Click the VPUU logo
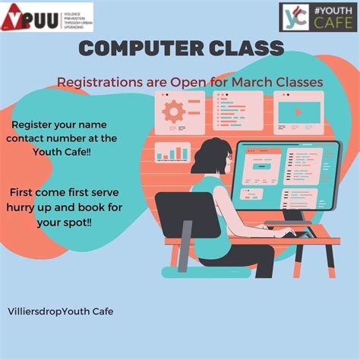point(46,17)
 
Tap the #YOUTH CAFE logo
point(317,17)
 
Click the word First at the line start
point(26,194)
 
